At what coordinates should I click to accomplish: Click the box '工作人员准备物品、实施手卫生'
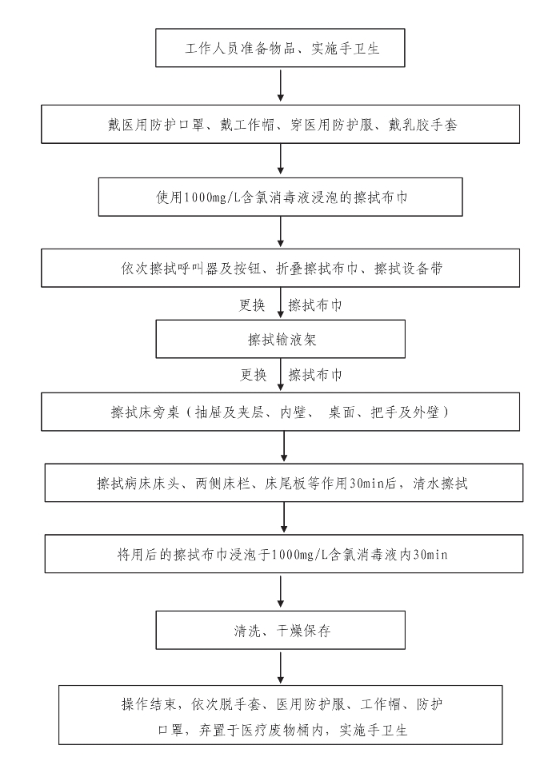(x=280, y=48)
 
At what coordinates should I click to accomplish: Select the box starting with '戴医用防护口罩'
(x=280, y=124)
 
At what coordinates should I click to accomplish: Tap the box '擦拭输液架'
(x=280, y=339)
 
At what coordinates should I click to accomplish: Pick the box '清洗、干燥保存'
(x=280, y=630)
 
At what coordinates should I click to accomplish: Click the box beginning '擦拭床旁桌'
(x=280, y=412)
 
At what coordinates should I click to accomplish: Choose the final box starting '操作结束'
(x=280, y=715)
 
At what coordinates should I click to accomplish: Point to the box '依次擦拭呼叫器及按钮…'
(x=280, y=268)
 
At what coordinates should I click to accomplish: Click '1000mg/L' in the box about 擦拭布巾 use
(x=212, y=197)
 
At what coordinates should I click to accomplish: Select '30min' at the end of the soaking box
(x=430, y=554)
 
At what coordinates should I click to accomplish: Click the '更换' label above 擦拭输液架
(x=252, y=305)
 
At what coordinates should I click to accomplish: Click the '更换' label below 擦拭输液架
(x=253, y=375)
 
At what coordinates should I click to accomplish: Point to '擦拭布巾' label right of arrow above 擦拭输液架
(x=315, y=305)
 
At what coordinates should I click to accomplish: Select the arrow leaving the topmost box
(x=280, y=85)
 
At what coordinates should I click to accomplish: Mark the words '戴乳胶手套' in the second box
(x=422, y=125)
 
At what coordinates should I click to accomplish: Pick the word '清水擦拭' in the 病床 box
(x=440, y=484)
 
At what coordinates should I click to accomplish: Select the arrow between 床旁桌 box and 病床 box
(x=284, y=445)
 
